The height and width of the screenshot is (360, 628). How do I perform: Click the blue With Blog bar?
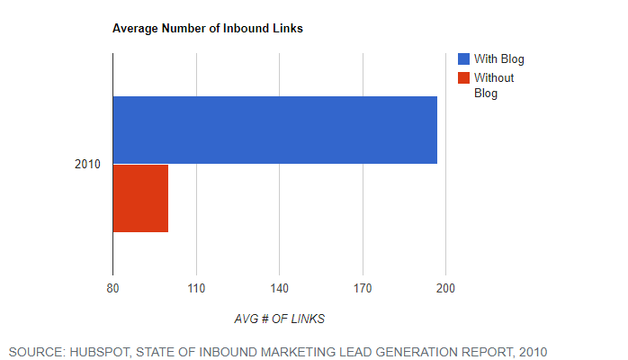tap(275, 130)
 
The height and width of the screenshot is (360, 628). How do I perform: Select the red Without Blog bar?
tap(140, 198)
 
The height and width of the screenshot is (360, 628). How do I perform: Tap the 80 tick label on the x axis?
tap(112, 288)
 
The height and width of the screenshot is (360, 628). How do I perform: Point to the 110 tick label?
tap(196, 288)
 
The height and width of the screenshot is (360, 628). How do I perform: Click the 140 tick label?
tap(279, 288)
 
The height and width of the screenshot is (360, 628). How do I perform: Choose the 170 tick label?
tap(363, 288)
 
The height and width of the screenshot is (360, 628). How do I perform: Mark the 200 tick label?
tap(445, 288)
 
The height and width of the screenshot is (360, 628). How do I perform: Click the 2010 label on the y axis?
tap(87, 164)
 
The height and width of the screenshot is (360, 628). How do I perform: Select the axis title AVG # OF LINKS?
tap(279, 319)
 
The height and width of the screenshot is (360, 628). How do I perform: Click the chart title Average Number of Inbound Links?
tap(208, 29)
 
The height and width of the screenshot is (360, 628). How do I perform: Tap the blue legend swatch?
tap(463, 58)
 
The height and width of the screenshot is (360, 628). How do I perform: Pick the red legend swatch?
tap(463, 77)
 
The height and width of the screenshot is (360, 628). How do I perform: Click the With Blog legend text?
tap(499, 59)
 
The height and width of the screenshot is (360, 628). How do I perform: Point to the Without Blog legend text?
tap(494, 85)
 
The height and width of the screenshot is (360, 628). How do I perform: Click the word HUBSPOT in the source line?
tap(100, 352)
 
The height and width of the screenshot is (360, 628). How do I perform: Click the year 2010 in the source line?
tap(533, 352)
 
